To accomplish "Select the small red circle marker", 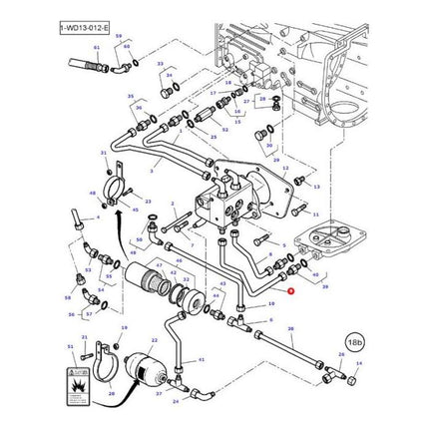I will pos(290,291).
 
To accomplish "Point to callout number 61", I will pos(97,48).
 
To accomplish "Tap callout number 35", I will pos(131,96).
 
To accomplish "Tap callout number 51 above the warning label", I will pos(71,345).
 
